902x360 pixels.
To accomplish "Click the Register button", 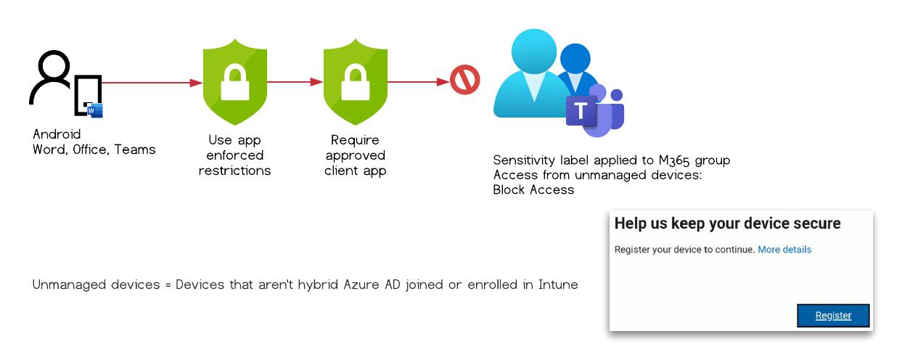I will tap(833, 316).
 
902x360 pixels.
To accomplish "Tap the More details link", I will tap(784, 250).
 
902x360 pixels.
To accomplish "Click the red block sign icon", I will tap(464, 80).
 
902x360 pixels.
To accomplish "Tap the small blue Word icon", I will tap(96, 110).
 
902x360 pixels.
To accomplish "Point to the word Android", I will tap(57, 134).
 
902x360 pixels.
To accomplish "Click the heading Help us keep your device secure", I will tap(727, 224).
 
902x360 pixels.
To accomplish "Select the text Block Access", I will tap(533, 190).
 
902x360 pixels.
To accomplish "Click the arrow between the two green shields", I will tap(295, 82).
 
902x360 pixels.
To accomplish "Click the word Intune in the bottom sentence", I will tap(558, 285).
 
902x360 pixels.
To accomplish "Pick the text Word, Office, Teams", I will tap(94, 150).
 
